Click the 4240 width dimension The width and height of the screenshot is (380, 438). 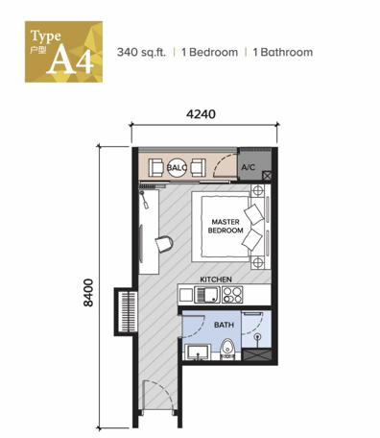pyautogui.click(x=201, y=114)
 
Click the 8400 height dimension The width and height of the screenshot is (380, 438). pyautogui.click(x=88, y=293)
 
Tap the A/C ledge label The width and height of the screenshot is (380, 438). pyautogui.click(x=249, y=167)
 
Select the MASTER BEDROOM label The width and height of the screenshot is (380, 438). pyautogui.click(x=226, y=226)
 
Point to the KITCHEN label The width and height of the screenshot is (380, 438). pyautogui.click(x=216, y=280)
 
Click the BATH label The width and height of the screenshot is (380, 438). pyautogui.click(x=224, y=325)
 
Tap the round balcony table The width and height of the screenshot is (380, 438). pyautogui.click(x=177, y=167)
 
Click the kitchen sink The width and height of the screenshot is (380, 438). pyautogui.click(x=207, y=295)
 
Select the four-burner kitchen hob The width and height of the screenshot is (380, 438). pyautogui.click(x=232, y=295)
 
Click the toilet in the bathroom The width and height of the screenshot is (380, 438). pyautogui.click(x=227, y=348)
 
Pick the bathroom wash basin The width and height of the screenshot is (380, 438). pyautogui.click(x=199, y=353)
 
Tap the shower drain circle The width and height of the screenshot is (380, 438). pyautogui.click(x=257, y=336)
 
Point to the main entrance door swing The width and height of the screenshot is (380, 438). pyautogui.click(x=159, y=396)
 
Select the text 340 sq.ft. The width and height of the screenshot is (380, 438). pyautogui.click(x=141, y=52)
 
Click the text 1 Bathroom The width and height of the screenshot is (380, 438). pyautogui.click(x=283, y=52)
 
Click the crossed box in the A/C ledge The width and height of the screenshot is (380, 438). pyautogui.click(x=267, y=176)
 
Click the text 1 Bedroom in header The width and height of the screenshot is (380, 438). pyautogui.click(x=209, y=52)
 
